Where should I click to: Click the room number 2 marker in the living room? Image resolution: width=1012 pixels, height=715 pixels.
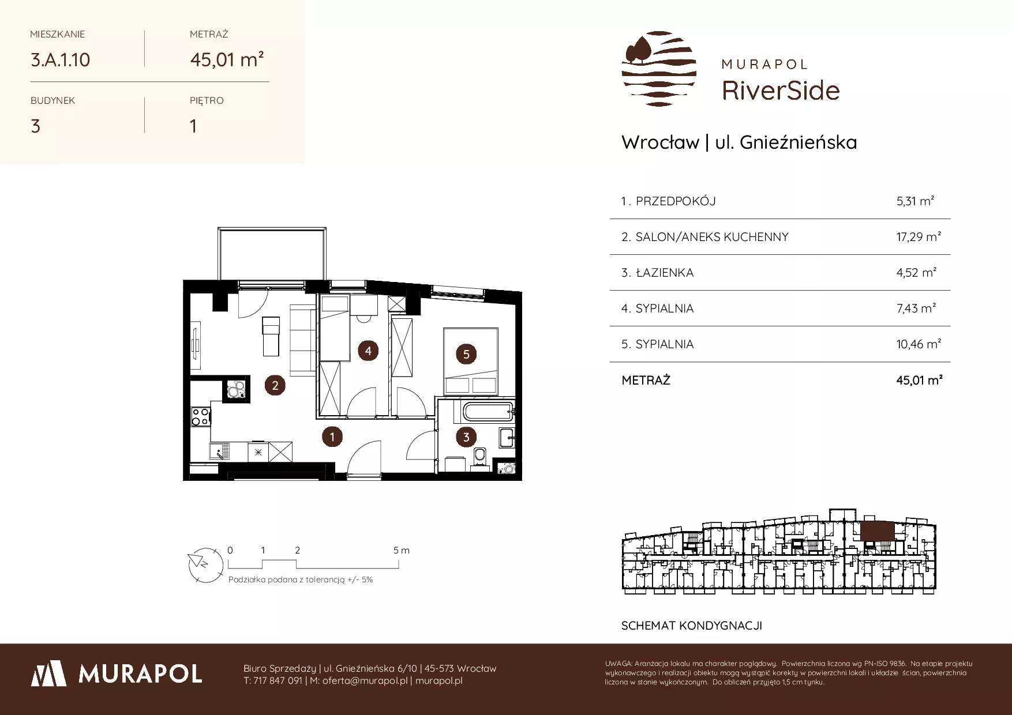tap(275, 385)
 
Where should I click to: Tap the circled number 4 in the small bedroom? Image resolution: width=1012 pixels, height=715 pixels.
tap(368, 350)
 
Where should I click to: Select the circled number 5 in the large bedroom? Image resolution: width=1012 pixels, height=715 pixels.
tap(466, 354)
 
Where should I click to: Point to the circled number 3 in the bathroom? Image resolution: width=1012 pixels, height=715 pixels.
tap(466, 437)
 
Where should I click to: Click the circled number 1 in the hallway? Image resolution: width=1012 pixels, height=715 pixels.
tap(332, 436)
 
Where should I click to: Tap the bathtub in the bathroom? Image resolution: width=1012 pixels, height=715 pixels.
tap(488, 412)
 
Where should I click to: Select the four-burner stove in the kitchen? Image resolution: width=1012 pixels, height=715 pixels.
tap(201, 416)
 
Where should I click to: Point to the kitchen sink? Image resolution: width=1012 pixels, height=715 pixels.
tap(219, 451)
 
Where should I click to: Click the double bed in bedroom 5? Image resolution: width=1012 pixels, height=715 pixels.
tap(470, 361)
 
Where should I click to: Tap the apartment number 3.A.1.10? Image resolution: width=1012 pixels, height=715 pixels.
tap(60, 60)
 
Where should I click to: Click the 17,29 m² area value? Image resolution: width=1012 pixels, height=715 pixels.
tap(919, 237)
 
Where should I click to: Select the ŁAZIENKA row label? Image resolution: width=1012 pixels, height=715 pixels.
tap(664, 273)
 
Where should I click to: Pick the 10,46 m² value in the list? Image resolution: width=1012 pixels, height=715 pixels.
tap(919, 344)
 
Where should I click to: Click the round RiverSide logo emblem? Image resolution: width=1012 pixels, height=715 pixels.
tap(659, 69)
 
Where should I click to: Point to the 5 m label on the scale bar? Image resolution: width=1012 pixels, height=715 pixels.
tap(402, 550)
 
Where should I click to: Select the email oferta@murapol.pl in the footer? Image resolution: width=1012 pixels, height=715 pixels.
tap(365, 680)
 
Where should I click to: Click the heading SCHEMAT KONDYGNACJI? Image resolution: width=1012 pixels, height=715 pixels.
tap(691, 626)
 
